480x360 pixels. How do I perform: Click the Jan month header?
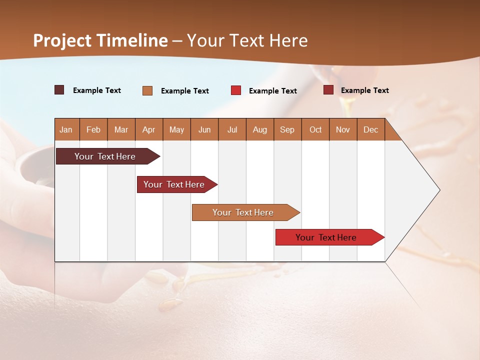pos(66,129)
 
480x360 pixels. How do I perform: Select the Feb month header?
pos(93,129)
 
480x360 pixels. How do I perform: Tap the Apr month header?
pos(148,129)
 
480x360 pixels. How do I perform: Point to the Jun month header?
pos(204,129)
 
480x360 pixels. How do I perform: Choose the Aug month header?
pos(259,129)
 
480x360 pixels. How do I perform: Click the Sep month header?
pos(287,129)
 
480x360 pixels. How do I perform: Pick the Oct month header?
pos(315,129)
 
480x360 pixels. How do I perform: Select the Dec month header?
pos(370,129)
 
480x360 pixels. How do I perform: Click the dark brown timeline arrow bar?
pos(105,156)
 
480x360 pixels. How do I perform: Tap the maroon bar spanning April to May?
pos(174,184)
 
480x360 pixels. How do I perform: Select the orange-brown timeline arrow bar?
pos(243,212)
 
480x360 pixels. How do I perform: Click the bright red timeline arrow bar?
pos(326,237)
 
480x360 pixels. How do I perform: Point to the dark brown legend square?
pos(59,90)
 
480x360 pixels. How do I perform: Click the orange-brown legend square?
pos(147,90)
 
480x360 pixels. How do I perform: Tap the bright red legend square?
pos(236,90)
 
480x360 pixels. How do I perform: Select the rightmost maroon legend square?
pos(328,90)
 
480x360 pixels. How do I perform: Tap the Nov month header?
pos(343,129)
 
